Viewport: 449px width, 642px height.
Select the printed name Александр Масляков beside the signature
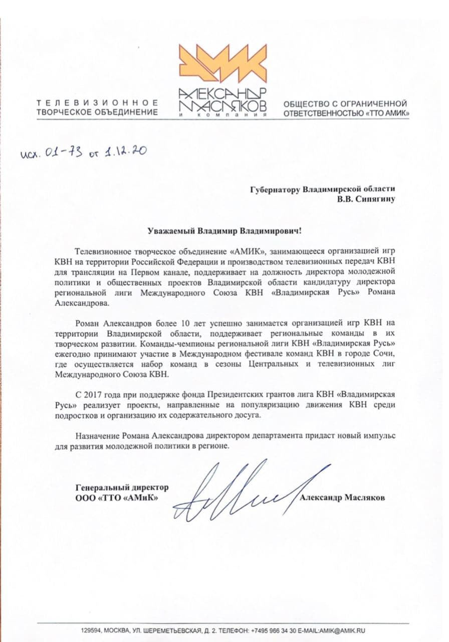point(343,498)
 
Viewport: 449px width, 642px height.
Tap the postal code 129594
point(90,630)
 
